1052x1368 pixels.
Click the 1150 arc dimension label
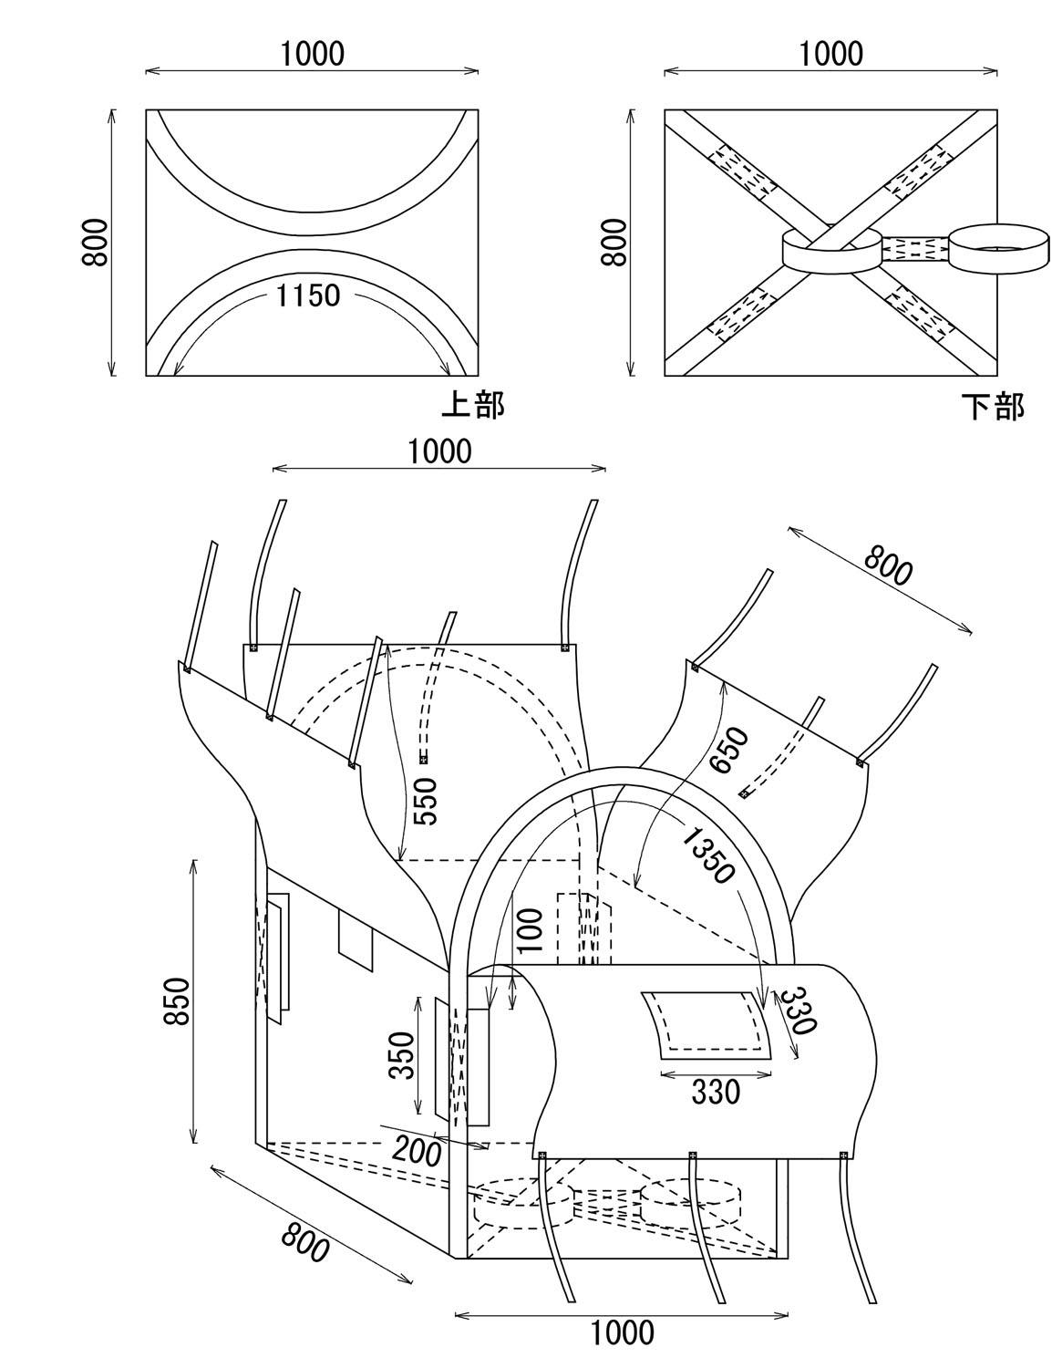(308, 295)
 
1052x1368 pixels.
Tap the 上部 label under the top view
(473, 405)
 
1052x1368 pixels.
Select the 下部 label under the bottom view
(993, 407)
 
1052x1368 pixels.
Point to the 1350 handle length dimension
(708, 855)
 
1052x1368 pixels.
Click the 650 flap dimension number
(729, 750)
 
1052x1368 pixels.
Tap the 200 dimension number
(417, 1152)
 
